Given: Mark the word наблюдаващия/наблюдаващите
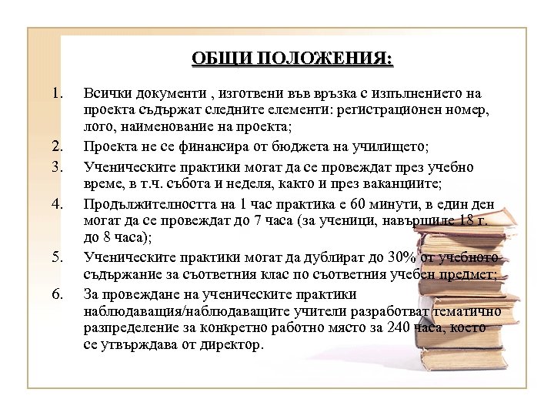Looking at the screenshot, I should pos(187,311).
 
